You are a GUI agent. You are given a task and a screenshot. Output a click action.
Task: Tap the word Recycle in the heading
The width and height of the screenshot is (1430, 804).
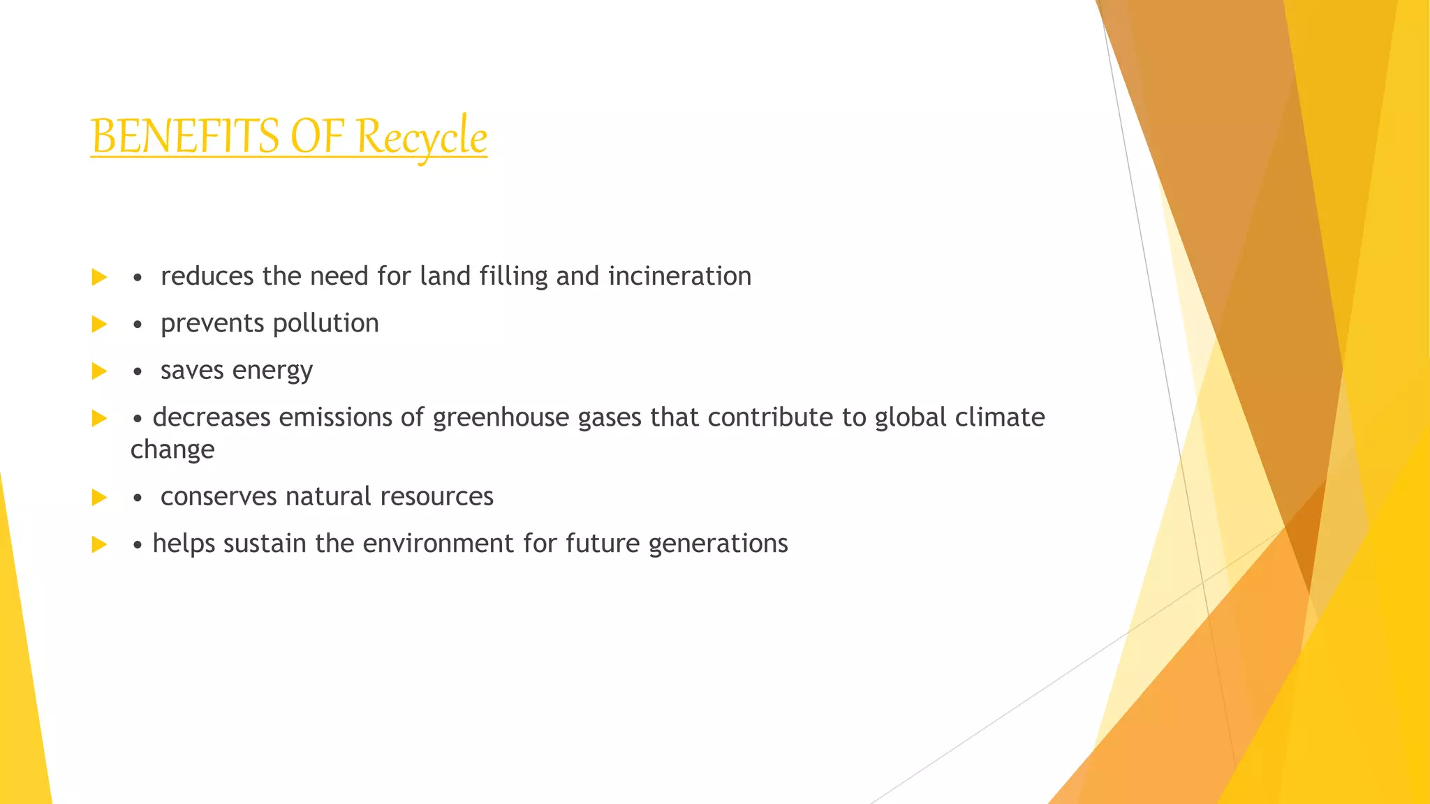pos(422,136)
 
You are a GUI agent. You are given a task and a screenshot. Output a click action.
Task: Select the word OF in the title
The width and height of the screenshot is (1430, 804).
pos(317,136)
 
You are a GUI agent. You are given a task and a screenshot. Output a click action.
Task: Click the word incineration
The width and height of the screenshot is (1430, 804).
pos(679,276)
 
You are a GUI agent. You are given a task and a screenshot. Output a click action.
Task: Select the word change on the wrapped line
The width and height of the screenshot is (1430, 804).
pos(172,449)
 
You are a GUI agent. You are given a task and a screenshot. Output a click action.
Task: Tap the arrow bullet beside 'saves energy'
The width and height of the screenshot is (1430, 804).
pos(99,371)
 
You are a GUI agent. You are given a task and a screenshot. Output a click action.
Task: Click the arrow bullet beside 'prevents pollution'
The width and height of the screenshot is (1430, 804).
pos(99,324)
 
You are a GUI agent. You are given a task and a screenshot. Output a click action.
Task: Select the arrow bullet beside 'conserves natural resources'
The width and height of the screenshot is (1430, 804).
pos(99,498)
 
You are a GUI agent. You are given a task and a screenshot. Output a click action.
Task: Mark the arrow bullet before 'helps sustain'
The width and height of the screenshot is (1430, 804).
pos(99,544)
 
